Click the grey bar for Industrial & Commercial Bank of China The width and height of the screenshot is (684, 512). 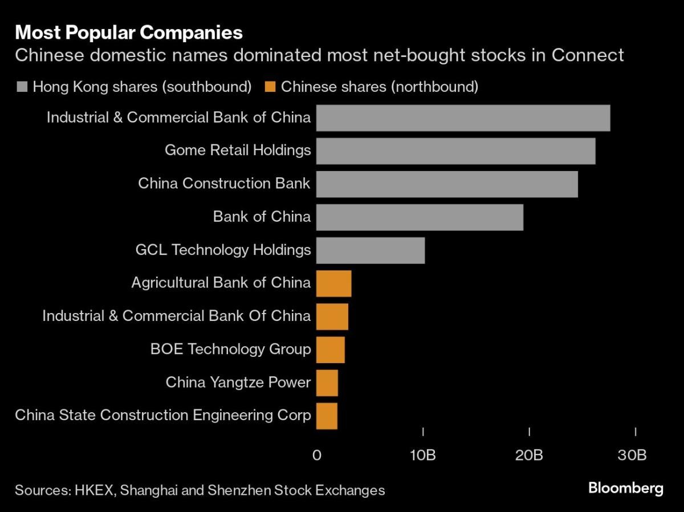[x=463, y=118]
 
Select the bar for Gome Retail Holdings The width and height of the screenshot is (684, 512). [x=455, y=151]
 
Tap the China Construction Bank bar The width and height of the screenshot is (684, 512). [x=447, y=184]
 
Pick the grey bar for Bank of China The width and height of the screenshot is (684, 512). [x=420, y=217]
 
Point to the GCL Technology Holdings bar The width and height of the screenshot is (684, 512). [x=370, y=250]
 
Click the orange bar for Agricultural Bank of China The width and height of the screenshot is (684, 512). [x=333, y=283]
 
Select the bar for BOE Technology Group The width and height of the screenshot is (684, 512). [x=330, y=350]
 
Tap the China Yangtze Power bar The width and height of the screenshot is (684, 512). [x=327, y=383]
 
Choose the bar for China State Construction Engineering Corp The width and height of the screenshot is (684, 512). [x=327, y=416]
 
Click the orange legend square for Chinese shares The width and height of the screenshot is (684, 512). [x=270, y=87]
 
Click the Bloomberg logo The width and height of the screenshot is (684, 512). [x=625, y=489]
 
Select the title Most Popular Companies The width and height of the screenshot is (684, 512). [x=129, y=32]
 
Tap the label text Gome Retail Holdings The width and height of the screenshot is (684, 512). [x=238, y=151]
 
